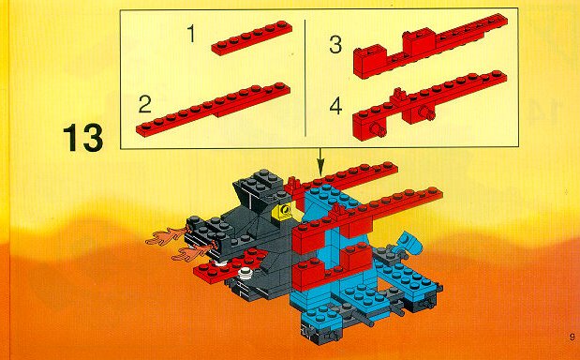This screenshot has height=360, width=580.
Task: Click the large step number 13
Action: click(82, 138)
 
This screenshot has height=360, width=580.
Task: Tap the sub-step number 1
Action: click(191, 34)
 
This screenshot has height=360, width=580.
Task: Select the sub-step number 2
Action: click(144, 104)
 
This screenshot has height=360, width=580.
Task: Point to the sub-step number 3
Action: click(335, 44)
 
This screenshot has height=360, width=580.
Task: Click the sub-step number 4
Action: click(335, 107)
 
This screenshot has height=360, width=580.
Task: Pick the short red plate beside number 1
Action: click(251, 38)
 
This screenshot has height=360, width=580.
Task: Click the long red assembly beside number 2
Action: click(213, 110)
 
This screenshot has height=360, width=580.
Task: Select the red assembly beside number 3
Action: click(430, 46)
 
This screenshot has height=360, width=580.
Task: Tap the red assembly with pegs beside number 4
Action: click(430, 105)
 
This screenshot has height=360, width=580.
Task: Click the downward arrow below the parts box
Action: click(320, 161)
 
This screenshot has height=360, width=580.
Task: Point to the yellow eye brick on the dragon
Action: click(284, 213)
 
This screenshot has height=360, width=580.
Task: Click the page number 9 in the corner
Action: click(572, 337)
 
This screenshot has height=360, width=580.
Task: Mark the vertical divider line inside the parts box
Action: click(305, 78)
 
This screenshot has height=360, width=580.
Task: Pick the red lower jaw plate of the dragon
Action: click(230, 266)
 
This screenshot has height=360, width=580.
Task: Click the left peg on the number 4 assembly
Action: click(377, 130)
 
